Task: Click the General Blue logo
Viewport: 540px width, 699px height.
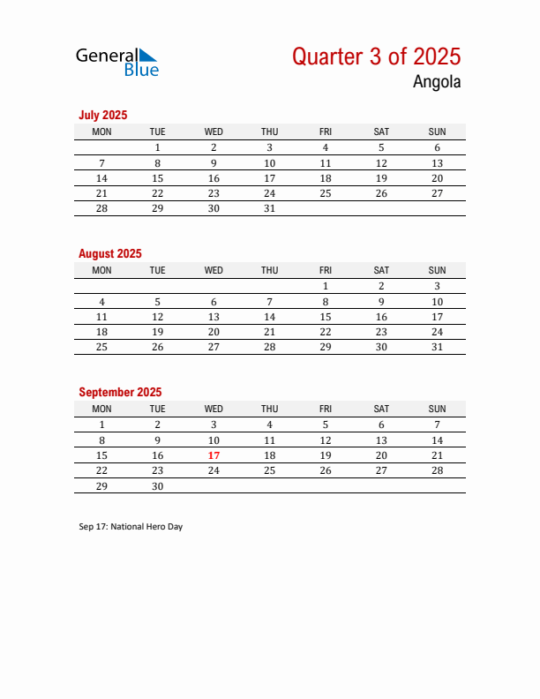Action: (x=116, y=61)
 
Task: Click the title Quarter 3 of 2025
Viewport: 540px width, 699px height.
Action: (x=376, y=56)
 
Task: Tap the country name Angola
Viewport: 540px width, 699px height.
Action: (x=436, y=82)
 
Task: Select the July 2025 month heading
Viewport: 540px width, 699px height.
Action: (x=103, y=115)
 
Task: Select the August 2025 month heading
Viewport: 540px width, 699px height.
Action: (x=110, y=253)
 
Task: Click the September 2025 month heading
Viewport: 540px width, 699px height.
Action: (x=120, y=392)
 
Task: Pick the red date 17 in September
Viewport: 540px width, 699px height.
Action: (x=214, y=455)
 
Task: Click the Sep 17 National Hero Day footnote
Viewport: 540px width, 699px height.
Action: (x=131, y=527)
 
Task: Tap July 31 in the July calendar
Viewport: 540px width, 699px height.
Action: (x=269, y=209)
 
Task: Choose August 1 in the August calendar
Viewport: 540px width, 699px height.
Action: (x=326, y=286)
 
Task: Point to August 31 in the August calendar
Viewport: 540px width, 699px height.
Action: (x=437, y=347)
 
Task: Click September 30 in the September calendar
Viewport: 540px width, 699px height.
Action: (x=157, y=486)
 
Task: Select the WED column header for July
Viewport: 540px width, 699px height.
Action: (x=214, y=132)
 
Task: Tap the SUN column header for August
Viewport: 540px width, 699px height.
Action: (x=437, y=270)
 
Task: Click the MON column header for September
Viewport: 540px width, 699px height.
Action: (x=101, y=409)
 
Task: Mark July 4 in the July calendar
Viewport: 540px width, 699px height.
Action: (x=326, y=148)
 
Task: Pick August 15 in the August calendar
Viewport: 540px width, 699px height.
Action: (x=326, y=317)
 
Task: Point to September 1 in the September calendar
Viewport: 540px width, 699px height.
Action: (x=101, y=425)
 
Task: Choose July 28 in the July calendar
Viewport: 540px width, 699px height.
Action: (x=101, y=209)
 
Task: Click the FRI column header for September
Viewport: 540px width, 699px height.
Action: (x=326, y=409)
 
